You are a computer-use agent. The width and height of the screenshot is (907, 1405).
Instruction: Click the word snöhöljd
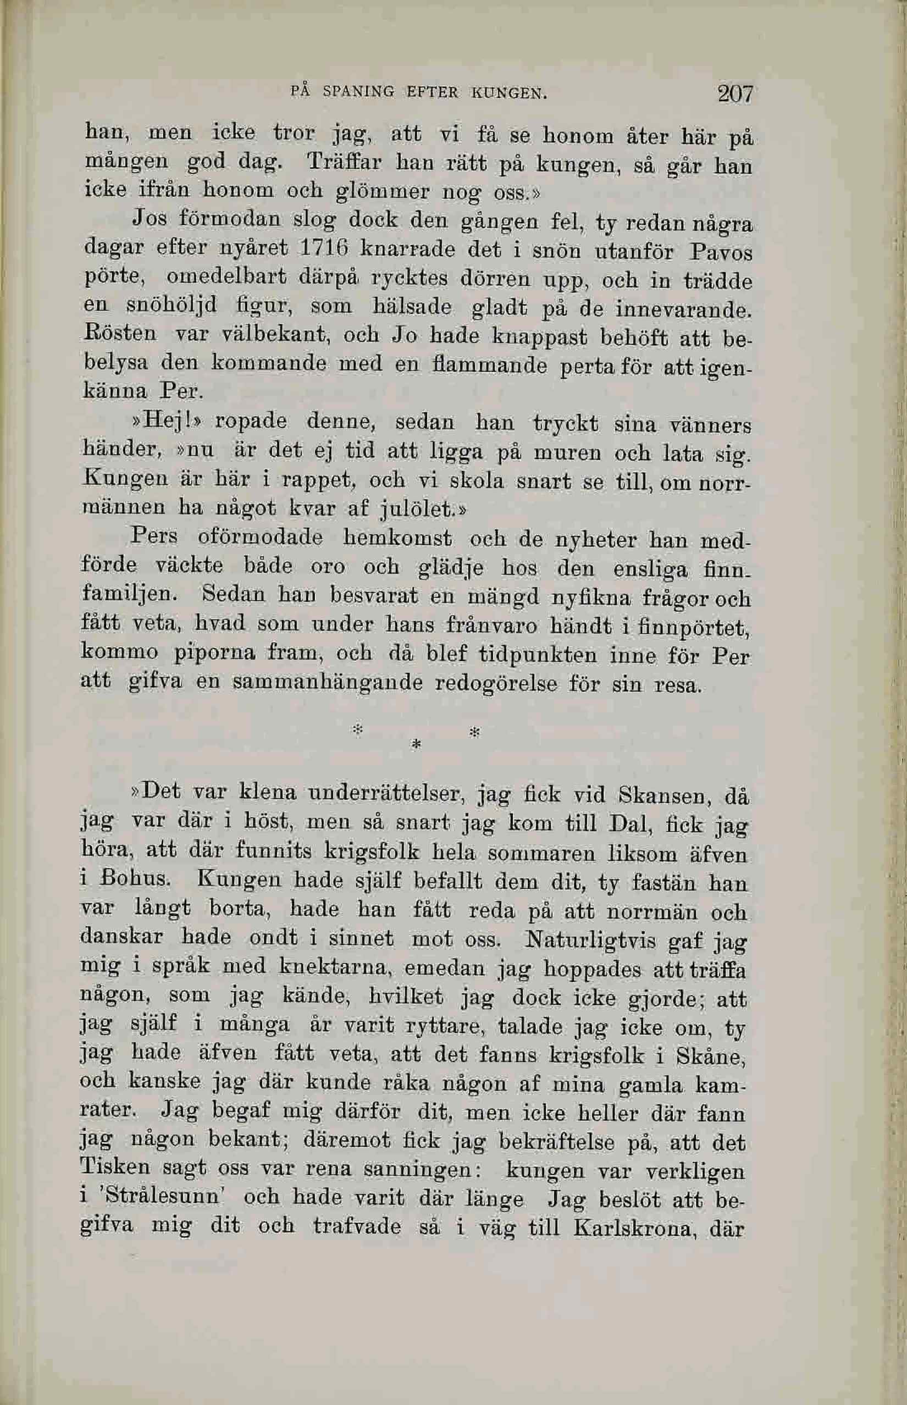(173, 306)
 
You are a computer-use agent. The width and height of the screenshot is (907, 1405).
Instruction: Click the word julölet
(417, 508)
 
